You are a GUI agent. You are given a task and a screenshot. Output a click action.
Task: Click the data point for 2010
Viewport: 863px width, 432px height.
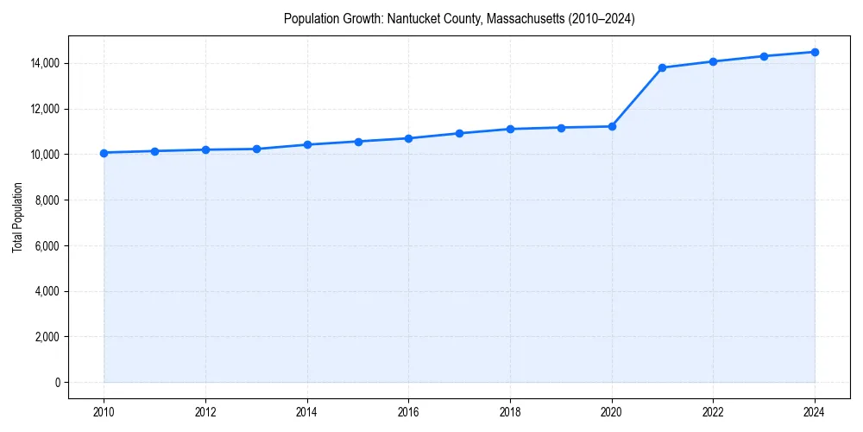point(104,153)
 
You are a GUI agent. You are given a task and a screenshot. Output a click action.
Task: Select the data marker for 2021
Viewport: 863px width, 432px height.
point(662,67)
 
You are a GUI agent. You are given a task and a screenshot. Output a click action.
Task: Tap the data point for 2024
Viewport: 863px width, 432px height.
point(815,52)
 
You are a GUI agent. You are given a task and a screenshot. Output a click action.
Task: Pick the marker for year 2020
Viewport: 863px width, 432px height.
point(612,126)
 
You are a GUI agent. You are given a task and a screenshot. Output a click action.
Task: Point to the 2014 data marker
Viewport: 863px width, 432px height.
point(307,144)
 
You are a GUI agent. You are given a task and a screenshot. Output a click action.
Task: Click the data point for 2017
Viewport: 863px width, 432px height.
point(459,133)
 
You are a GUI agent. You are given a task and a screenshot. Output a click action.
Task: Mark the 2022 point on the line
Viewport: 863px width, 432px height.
point(713,61)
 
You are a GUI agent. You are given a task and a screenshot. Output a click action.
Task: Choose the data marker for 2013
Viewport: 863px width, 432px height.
point(256,149)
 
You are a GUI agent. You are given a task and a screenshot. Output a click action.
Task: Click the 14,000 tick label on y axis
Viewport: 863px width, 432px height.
point(43,63)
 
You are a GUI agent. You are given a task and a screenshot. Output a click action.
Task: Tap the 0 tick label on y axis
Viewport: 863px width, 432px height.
point(57,383)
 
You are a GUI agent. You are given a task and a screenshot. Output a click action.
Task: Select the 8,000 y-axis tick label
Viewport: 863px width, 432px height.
point(46,200)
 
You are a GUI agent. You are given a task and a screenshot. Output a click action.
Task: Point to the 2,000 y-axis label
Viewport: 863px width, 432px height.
point(46,337)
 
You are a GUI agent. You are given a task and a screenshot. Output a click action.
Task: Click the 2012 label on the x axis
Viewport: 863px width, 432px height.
point(205,412)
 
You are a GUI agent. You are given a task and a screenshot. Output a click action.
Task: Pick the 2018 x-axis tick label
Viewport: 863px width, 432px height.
point(510,412)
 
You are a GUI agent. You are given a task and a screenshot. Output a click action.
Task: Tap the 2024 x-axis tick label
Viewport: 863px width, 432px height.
point(815,412)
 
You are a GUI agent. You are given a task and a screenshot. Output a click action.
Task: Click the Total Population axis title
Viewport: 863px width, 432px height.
point(17,223)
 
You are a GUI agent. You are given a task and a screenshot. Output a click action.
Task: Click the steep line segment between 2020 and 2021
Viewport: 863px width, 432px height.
point(637,97)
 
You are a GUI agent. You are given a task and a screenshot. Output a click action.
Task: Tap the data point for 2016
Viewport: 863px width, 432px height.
point(408,138)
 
